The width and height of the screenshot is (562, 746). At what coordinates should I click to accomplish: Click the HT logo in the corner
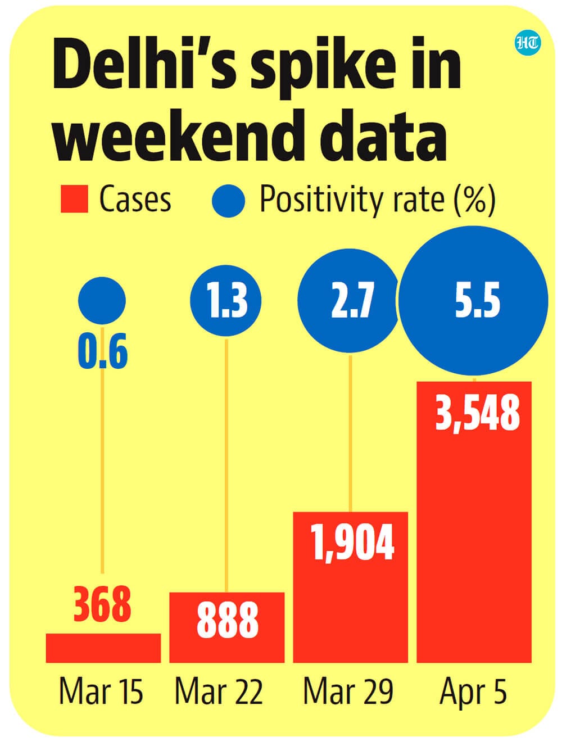tap(527, 44)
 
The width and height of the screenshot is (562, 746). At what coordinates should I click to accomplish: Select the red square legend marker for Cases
tap(74, 200)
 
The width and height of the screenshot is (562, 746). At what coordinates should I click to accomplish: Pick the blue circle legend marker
tap(229, 201)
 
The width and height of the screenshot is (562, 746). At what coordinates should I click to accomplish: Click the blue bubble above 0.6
tap(102, 300)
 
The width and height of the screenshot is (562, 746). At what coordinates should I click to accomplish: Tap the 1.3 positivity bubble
tap(226, 300)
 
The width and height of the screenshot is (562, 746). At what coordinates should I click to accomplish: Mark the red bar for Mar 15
tap(103, 648)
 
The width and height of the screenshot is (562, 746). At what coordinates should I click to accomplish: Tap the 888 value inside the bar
tap(227, 621)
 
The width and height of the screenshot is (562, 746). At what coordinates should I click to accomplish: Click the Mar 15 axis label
tap(101, 691)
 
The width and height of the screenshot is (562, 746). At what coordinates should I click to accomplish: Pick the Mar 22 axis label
tap(219, 691)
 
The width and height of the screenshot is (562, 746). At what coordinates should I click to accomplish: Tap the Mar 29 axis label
tap(348, 691)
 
